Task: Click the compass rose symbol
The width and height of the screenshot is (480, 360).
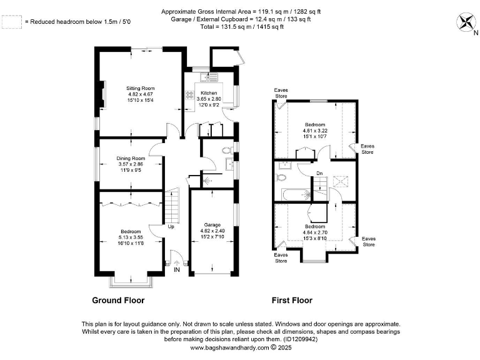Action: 466,22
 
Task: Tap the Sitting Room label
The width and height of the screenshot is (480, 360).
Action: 141,89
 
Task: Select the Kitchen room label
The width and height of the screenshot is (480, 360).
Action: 209,93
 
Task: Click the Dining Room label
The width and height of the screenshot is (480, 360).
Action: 131,158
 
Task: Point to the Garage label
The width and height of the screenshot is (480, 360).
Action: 212,225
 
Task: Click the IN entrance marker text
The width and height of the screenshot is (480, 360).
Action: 177,270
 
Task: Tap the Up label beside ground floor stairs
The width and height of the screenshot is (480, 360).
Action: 171,226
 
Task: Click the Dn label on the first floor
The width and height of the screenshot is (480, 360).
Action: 319,173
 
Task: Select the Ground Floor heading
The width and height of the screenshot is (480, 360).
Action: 118,300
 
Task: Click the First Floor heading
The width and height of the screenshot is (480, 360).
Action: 292,300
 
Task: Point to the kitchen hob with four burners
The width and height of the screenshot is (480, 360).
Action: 189,94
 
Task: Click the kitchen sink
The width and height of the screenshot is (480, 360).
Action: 209,77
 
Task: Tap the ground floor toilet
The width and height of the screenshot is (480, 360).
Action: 227,150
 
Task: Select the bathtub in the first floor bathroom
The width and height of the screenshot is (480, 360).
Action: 296,195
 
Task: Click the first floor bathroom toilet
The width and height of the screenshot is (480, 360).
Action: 281,177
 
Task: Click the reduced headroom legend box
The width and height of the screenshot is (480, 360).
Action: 12,22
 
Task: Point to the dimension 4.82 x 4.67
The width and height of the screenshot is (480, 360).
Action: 141,94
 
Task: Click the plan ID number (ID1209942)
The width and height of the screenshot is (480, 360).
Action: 301,339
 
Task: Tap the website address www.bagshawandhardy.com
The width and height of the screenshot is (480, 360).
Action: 229,347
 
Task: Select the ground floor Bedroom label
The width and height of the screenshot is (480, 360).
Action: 131,231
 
